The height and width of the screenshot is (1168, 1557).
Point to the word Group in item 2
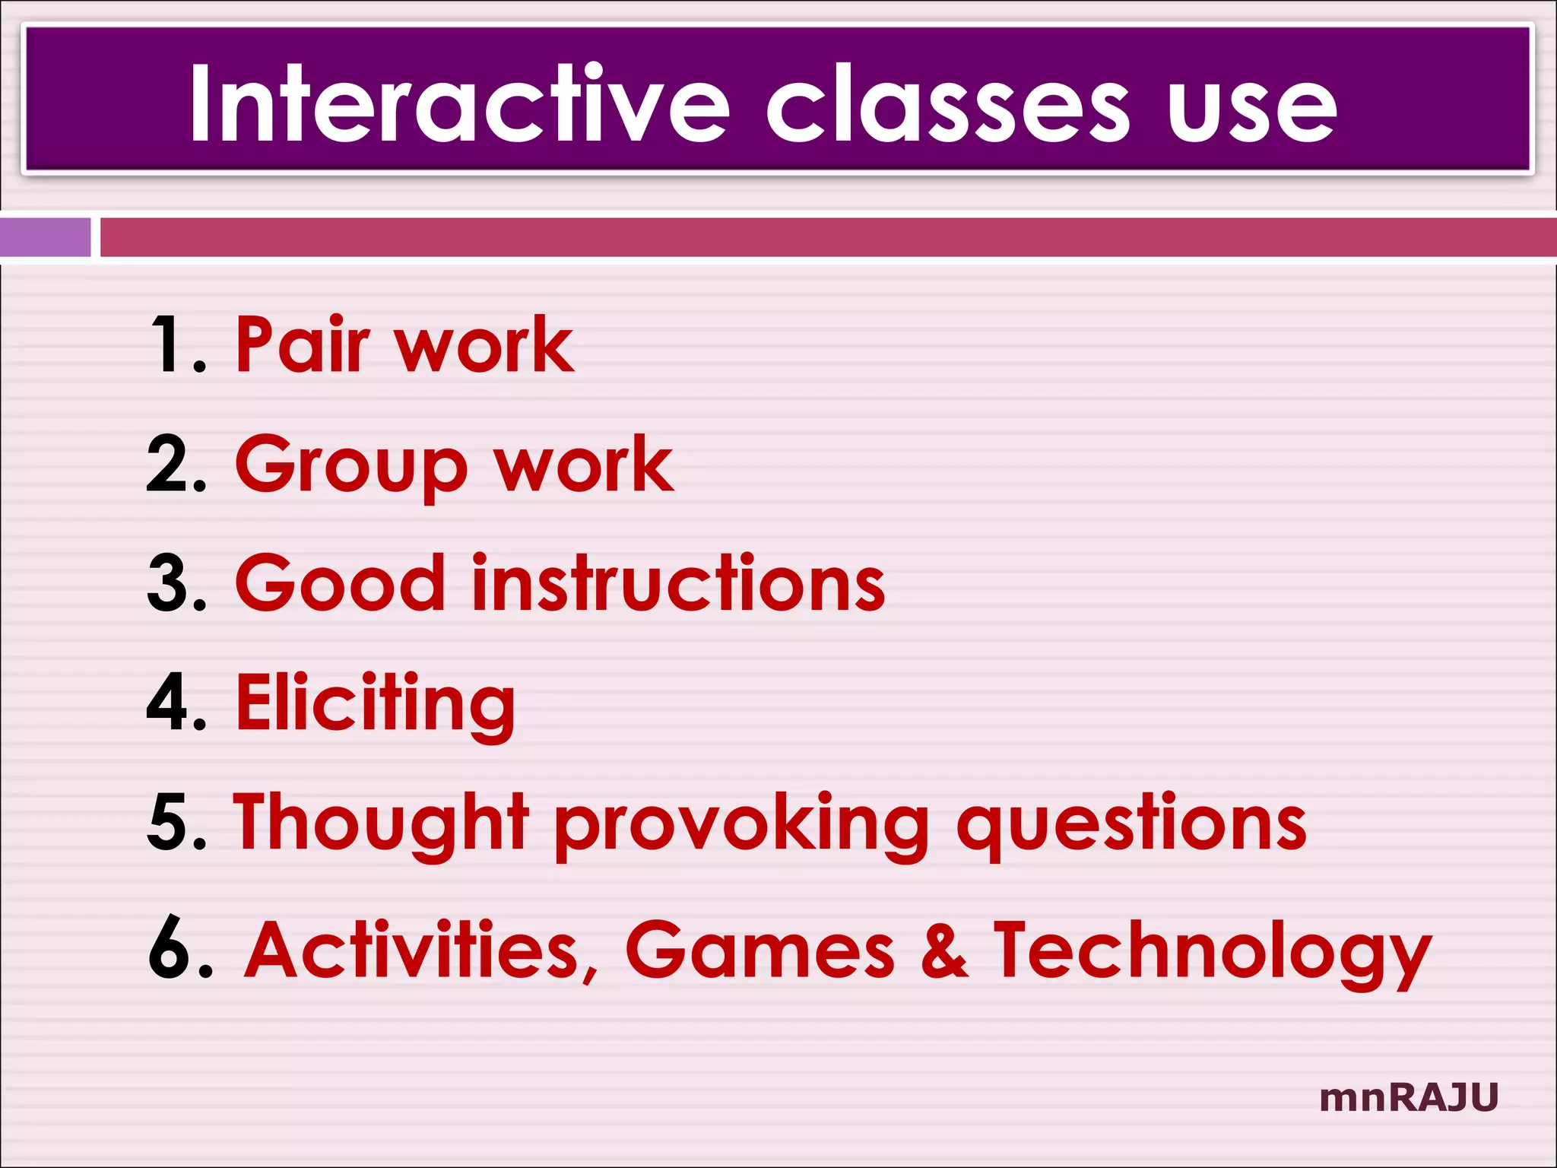tap(350, 465)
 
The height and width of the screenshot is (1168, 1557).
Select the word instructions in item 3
tap(678, 583)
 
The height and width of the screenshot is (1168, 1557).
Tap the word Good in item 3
tap(340, 583)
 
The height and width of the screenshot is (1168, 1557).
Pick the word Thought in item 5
tap(380, 824)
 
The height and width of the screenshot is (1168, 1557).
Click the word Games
tap(760, 951)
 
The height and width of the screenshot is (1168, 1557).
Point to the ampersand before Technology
tap(944, 951)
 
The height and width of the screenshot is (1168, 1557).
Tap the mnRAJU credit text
tap(1409, 1097)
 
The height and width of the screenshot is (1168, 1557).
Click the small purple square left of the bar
tap(45, 236)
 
